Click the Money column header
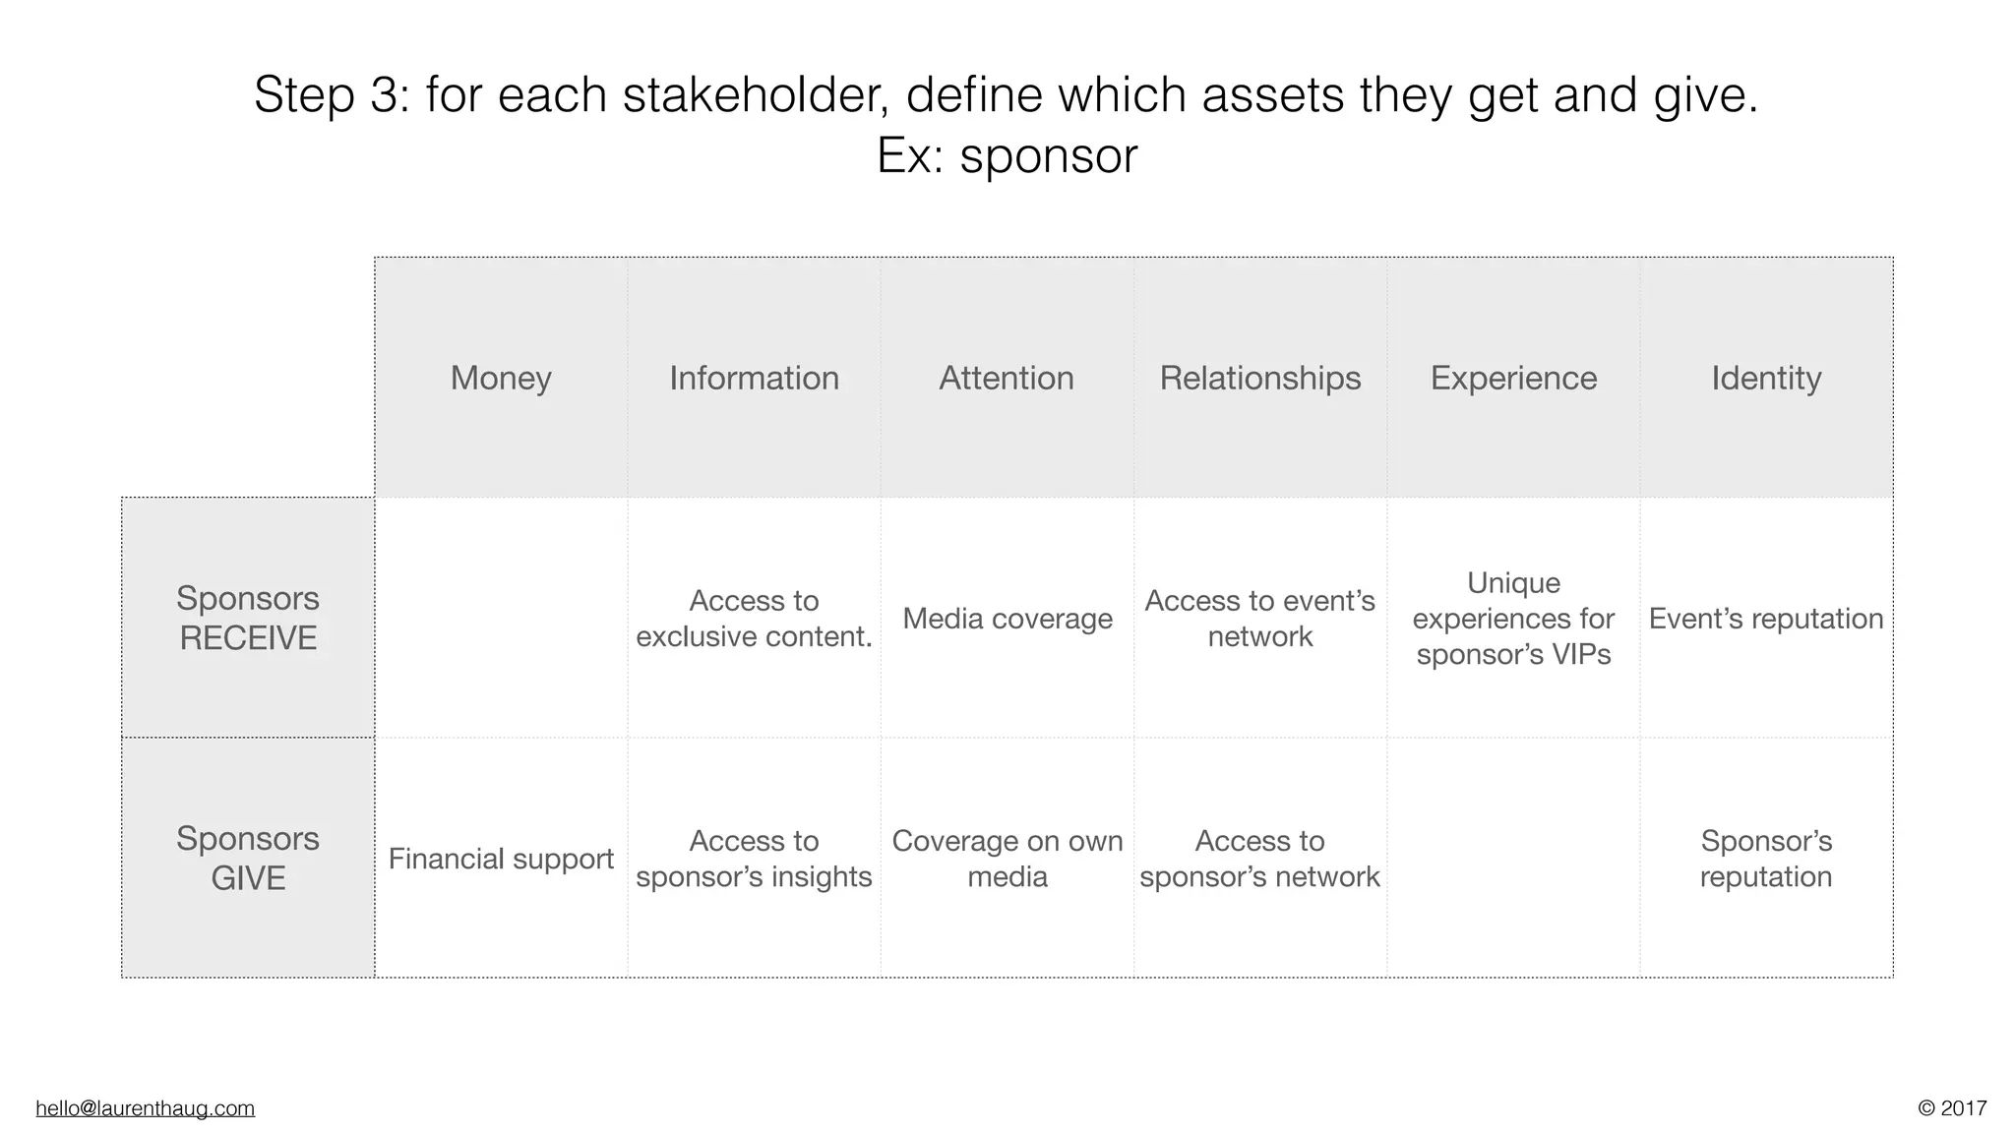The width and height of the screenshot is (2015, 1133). click(x=501, y=378)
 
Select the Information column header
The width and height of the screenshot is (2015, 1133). click(x=754, y=378)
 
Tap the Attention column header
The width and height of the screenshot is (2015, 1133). click(x=1007, y=378)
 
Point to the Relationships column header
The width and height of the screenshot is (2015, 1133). click(x=1259, y=378)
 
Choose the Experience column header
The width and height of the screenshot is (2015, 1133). click(x=1513, y=378)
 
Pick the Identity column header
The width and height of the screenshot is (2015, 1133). click(x=1766, y=378)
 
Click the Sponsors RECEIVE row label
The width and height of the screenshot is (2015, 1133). click(x=248, y=618)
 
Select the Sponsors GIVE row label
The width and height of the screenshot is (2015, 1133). click(x=248, y=858)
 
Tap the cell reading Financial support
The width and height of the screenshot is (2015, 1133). click(x=501, y=859)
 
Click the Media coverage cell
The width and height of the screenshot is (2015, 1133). click(x=1007, y=619)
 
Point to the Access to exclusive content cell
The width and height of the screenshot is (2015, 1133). click(x=754, y=619)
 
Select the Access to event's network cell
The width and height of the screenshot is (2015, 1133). click(x=1259, y=619)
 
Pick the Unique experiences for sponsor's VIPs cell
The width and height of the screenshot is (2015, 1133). click(x=1513, y=619)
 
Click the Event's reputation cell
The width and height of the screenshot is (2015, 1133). click(x=1766, y=619)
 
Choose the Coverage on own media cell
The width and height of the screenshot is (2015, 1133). click(x=1007, y=859)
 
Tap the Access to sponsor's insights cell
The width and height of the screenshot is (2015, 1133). click(x=754, y=859)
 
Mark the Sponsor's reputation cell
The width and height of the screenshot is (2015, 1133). click(x=1766, y=859)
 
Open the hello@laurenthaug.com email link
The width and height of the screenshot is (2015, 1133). click(x=146, y=1108)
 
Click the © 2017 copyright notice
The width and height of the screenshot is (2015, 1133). click(x=1952, y=1108)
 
